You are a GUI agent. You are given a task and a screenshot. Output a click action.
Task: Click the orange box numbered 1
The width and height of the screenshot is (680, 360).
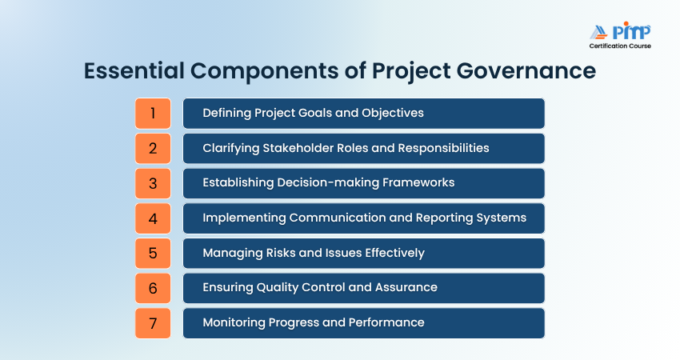coord(153,114)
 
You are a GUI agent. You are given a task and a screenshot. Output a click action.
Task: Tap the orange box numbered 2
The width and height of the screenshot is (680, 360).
coord(153,148)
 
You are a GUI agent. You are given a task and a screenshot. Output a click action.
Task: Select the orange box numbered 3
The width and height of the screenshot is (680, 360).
coord(153,183)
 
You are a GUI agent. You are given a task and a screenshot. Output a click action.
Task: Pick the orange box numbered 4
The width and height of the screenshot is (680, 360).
coord(153,218)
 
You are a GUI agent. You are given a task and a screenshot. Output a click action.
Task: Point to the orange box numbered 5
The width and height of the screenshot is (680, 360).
coord(153,254)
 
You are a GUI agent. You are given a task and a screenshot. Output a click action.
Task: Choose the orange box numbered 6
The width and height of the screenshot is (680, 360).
coord(153,289)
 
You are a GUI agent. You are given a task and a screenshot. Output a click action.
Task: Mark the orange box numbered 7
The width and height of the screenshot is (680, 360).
coord(153,323)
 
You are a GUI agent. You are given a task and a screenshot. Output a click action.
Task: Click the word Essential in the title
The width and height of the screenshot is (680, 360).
coord(134,70)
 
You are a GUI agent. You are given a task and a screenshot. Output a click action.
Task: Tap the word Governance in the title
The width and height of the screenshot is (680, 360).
coord(526,70)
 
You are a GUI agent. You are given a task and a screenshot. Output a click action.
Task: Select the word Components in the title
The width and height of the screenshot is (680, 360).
coord(265,71)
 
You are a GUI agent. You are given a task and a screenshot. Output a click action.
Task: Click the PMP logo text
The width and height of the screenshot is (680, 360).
coord(631,31)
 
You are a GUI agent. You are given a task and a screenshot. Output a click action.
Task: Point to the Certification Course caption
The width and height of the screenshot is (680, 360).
coord(620,46)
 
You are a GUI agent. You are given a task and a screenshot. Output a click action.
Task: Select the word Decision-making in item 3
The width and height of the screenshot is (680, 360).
coord(328,182)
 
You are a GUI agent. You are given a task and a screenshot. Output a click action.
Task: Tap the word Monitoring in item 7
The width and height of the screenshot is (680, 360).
coord(234,322)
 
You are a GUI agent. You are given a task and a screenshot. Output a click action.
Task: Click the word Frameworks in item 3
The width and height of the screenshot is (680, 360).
coord(418,182)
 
